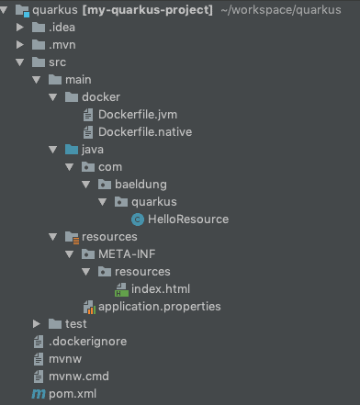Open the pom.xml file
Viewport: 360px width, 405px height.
tap(72, 394)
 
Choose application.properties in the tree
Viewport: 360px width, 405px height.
tap(159, 307)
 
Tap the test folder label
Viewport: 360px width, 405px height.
tap(75, 324)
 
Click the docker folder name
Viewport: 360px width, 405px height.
tap(101, 97)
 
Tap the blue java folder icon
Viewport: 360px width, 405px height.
tap(72, 150)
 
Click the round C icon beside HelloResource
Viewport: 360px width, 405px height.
tap(138, 219)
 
